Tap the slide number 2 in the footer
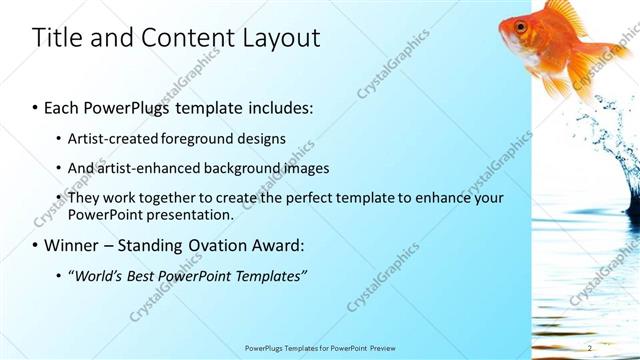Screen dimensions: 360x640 click(590, 348)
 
